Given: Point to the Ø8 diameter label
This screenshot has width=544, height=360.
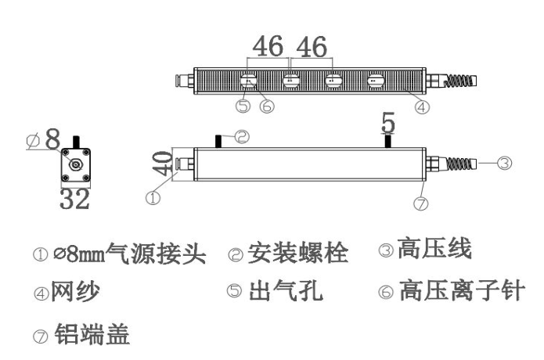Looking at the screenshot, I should (x=44, y=141).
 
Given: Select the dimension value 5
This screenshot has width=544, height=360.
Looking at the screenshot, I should (x=388, y=121).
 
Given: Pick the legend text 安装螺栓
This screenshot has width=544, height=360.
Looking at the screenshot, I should (x=297, y=253).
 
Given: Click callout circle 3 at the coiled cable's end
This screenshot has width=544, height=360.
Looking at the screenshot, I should (x=505, y=164).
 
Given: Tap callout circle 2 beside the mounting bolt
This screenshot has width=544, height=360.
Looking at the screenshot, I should (x=242, y=137).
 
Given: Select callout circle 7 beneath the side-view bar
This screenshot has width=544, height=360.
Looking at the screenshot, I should (x=422, y=203).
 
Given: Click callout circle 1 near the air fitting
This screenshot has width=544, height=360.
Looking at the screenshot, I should (x=153, y=199).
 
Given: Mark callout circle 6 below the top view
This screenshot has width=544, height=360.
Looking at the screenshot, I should (x=268, y=107).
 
